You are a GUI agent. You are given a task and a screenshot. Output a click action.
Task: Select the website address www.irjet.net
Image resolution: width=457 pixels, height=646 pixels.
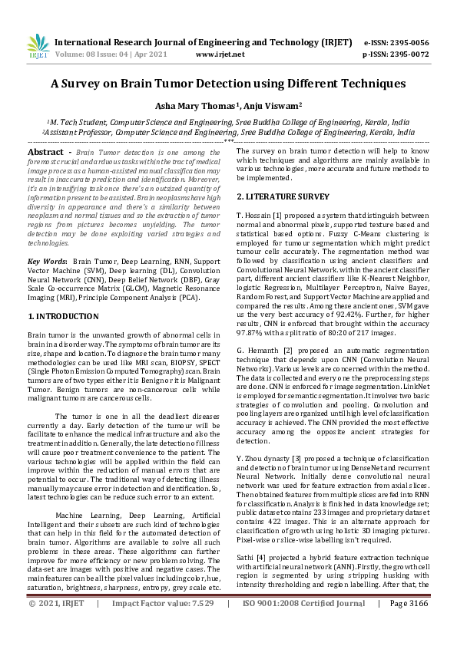coord(220,54)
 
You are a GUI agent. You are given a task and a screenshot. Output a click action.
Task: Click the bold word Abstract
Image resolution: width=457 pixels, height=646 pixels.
coord(45,153)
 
